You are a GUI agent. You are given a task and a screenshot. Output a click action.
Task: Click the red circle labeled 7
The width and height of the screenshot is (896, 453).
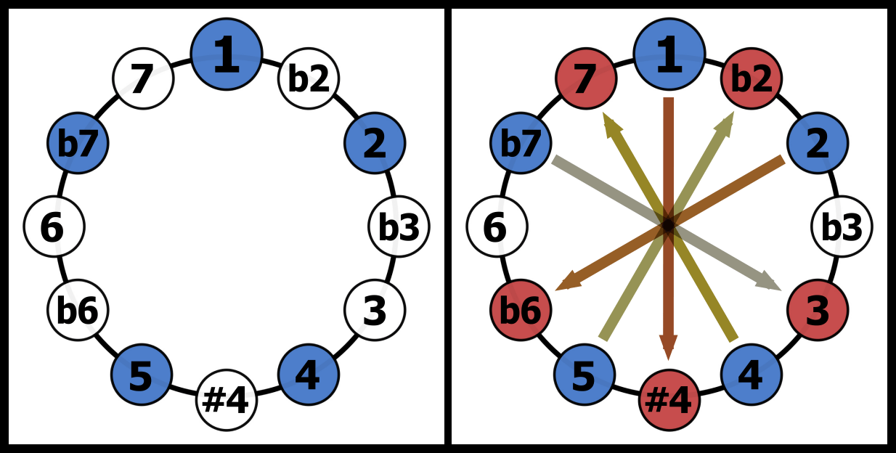586,78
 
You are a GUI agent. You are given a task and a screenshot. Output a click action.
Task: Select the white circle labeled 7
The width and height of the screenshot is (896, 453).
143,78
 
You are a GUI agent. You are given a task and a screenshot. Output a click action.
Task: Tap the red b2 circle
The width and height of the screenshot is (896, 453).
752,78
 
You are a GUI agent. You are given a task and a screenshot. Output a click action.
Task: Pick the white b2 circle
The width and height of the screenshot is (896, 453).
309,78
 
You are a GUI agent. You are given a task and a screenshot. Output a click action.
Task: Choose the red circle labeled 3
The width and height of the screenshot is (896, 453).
818,311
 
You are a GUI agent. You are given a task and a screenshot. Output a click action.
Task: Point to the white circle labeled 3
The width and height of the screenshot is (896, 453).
375,311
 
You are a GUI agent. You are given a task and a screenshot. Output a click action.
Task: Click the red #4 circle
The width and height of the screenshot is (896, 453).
669,400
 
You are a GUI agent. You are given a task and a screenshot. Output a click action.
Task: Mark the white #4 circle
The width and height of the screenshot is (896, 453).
227,400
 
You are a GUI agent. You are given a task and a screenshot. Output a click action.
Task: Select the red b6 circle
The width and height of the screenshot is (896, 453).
521,311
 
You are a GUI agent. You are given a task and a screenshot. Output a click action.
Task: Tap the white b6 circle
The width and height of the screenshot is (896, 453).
78,311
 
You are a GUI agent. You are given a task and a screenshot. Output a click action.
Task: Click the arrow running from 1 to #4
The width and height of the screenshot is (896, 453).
669,160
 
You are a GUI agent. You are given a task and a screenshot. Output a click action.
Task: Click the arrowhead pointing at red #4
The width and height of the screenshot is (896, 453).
669,347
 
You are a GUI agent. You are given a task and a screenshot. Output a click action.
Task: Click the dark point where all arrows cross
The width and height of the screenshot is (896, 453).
669,225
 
